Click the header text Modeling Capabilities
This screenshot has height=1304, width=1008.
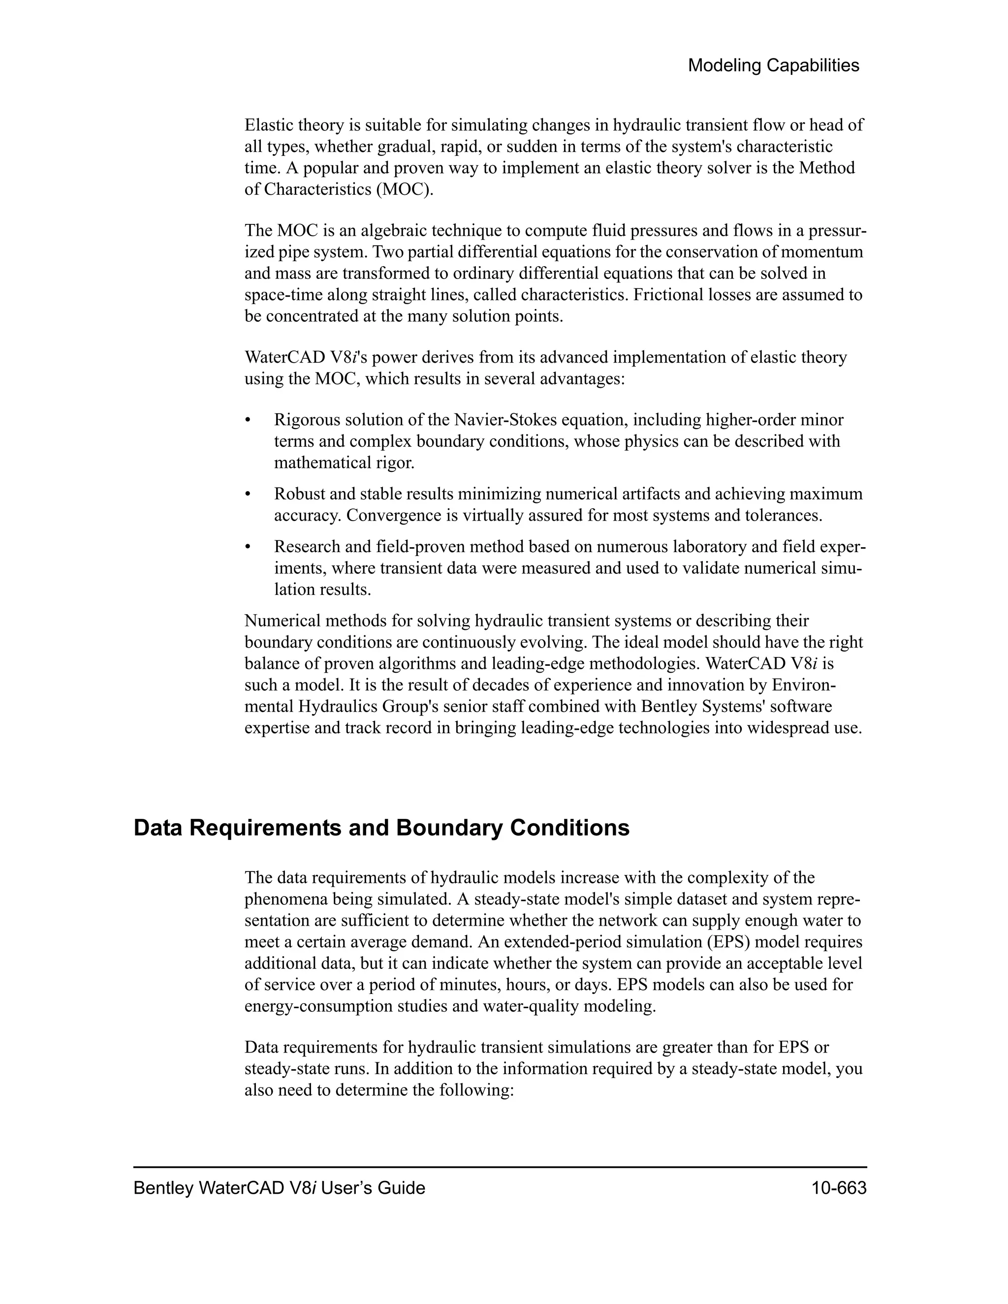(773, 65)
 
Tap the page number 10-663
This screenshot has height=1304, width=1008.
(838, 1188)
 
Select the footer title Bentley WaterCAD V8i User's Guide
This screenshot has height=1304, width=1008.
(279, 1188)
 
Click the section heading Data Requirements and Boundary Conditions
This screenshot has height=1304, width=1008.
(381, 828)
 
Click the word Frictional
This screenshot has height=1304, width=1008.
(671, 295)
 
